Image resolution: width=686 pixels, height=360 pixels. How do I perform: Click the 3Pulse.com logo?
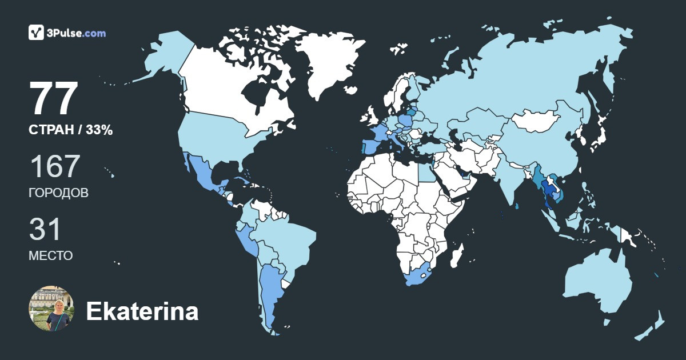[67, 33]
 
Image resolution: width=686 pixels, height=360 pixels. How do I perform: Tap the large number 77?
[54, 99]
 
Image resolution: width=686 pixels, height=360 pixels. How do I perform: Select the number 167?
[54, 167]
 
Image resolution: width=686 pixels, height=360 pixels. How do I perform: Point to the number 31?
[45, 230]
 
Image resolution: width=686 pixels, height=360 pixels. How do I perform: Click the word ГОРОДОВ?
[58, 193]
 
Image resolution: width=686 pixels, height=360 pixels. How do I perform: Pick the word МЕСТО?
[50, 256]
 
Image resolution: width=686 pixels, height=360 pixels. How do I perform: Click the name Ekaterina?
[142, 311]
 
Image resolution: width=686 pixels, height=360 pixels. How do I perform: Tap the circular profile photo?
[51, 309]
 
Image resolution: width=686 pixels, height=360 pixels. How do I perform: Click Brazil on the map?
[289, 240]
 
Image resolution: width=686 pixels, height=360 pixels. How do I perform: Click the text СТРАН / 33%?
[70, 130]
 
